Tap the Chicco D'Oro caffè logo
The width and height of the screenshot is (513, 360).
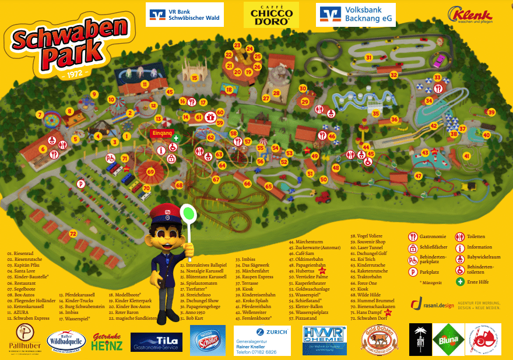[271, 15]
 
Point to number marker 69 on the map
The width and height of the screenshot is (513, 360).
[150, 172]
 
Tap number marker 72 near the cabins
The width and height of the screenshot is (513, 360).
[72, 233]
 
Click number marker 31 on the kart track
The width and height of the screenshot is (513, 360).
[368, 57]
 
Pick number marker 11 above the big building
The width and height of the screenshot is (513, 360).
[144, 84]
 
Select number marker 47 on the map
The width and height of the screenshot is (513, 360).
[418, 176]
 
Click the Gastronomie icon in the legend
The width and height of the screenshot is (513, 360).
[413, 236]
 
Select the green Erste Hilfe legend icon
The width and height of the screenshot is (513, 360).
[461, 281]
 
